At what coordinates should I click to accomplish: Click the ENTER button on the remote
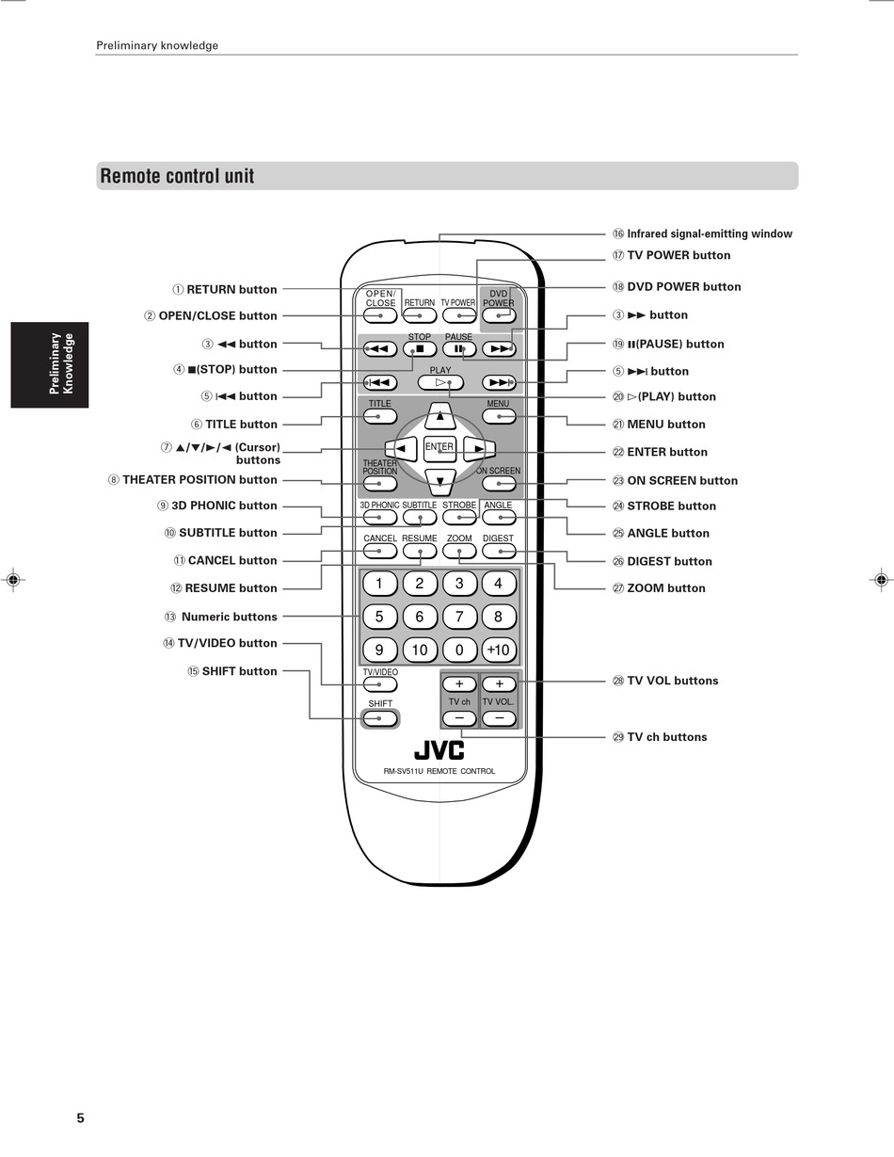pyautogui.click(x=439, y=448)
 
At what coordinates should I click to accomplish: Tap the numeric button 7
pyautogui.click(x=459, y=617)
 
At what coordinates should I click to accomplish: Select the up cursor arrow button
pyautogui.click(x=439, y=414)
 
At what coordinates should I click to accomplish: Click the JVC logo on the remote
pyautogui.click(x=439, y=750)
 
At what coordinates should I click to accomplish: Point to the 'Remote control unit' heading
pyautogui.click(x=177, y=176)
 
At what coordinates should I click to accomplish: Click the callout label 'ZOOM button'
pyautogui.click(x=665, y=588)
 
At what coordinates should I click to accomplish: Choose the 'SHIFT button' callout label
pyautogui.click(x=239, y=671)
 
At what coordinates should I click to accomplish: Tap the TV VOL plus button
pyautogui.click(x=499, y=684)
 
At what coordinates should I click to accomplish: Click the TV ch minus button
pyautogui.click(x=459, y=718)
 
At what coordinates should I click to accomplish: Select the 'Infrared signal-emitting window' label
pyautogui.click(x=710, y=233)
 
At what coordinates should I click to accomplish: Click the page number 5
pyautogui.click(x=81, y=1118)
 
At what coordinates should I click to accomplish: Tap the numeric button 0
pyautogui.click(x=459, y=650)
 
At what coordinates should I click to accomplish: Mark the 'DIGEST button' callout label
pyautogui.click(x=669, y=561)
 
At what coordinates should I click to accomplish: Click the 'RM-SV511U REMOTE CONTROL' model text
pyautogui.click(x=439, y=771)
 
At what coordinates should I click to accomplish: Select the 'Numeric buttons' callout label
pyautogui.click(x=229, y=617)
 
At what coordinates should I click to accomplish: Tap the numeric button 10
pyautogui.click(x=420, y=650)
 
